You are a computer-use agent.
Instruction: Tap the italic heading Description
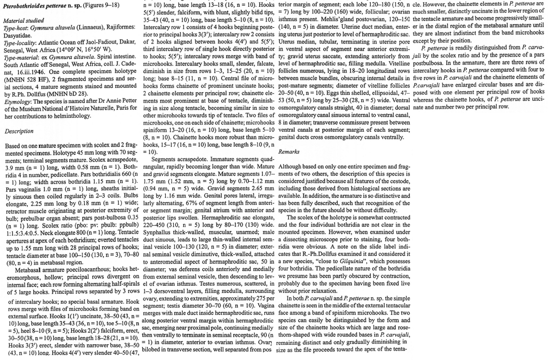click(x=18, y=131)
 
